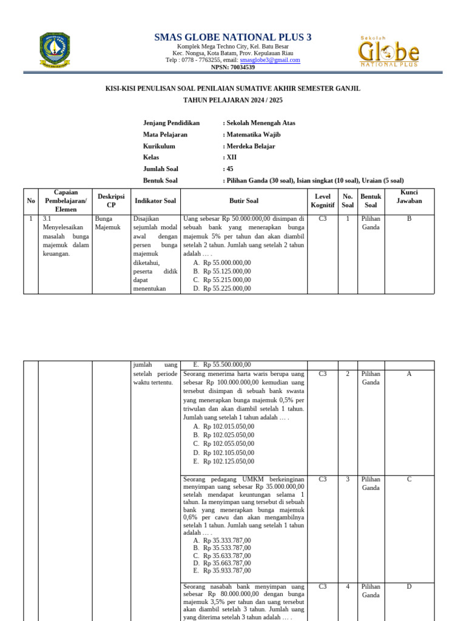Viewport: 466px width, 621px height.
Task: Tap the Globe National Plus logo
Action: click(389, 50)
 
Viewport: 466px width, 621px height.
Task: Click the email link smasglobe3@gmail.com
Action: click(270, 60)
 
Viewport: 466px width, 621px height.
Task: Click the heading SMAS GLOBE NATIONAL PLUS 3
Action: click(233, 38)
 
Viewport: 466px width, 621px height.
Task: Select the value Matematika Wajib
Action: click(253, 135)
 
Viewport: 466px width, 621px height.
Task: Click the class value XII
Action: click(231, 158)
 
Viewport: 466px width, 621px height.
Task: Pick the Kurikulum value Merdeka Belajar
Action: click(251, 146)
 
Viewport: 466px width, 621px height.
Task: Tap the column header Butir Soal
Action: click(243, 201)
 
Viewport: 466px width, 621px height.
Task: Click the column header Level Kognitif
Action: click(322, 201)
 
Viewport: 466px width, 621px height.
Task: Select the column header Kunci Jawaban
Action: click(409, 196)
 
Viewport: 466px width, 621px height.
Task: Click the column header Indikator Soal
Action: click(155, 201)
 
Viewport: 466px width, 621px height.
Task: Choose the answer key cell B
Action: click(409, 219)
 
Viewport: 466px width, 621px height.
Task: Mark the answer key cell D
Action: click(409, 587)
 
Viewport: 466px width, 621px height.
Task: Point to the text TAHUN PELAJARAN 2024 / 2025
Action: click(233, 100)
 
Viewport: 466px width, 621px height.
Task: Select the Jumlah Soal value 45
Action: click(229, 169)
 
